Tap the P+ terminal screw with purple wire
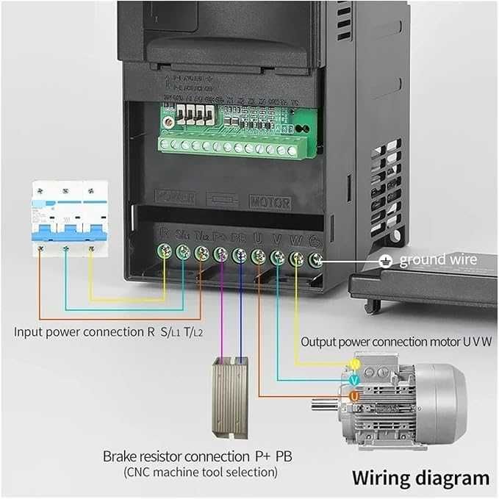tap(220, 254)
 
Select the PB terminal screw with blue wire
tap(239, 255)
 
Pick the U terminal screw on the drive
tap(258, 256)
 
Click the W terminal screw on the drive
tap(297, 259)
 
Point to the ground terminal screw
tap(317, 260)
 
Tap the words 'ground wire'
tap(438, 259)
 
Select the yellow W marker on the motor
tap(354, 364)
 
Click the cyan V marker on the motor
tap(354, 380)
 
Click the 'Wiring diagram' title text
tap(420, 477)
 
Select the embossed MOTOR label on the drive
tap(270, 202)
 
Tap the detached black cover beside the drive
tap(424, 287)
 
